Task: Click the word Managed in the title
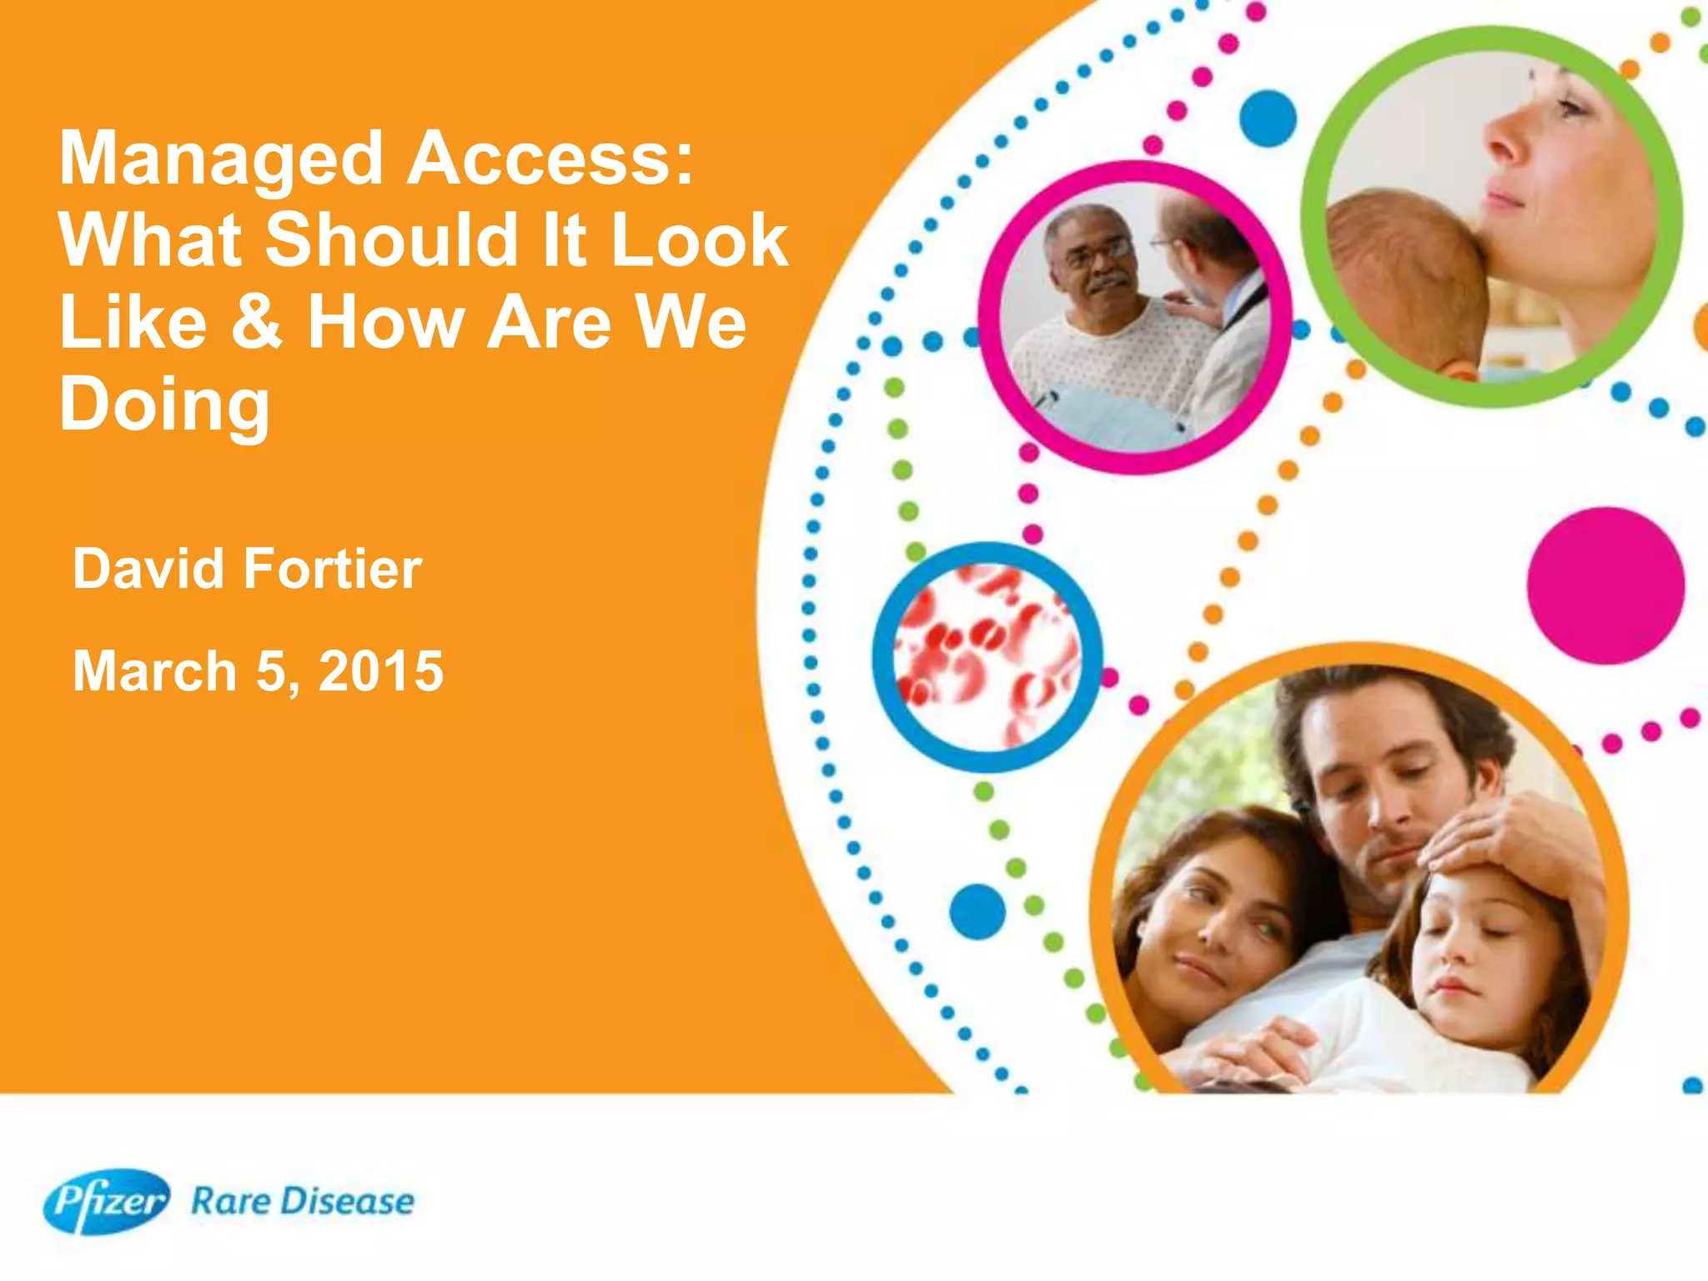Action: [221, 160]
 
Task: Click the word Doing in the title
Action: [164, 405]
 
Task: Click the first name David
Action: [148, 570]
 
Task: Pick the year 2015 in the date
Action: [381, 671]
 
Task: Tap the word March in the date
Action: [155, 671]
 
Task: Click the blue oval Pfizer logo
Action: [106, 1201]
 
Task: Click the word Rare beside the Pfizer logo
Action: [230, 1202]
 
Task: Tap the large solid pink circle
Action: [1605, 585]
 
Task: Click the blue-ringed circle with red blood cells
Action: [987, 657]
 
